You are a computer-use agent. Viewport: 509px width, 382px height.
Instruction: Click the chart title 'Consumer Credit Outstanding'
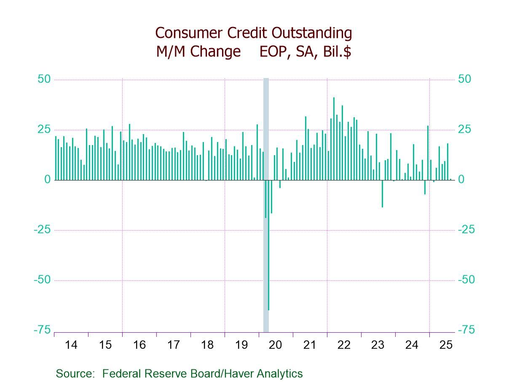(x=253, y=32)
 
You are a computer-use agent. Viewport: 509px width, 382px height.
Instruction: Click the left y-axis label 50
(x=44, y=80)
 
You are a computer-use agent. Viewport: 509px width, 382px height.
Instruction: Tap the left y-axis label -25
(x=43, y=230)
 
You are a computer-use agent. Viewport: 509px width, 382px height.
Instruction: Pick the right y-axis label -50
(x=466, y=280)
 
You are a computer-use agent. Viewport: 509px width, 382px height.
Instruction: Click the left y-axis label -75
(x=43, y=330)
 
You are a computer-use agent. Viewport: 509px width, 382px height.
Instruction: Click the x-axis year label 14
(x=71, y=345)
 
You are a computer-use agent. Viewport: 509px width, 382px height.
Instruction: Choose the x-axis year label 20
(x=275, y=345)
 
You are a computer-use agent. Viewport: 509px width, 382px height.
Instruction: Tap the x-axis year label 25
(x=445, y=345)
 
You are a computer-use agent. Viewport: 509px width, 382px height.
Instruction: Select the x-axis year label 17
(x=173, y=345)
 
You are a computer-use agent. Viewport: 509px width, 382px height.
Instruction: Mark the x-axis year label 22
(x=343, y=345)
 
